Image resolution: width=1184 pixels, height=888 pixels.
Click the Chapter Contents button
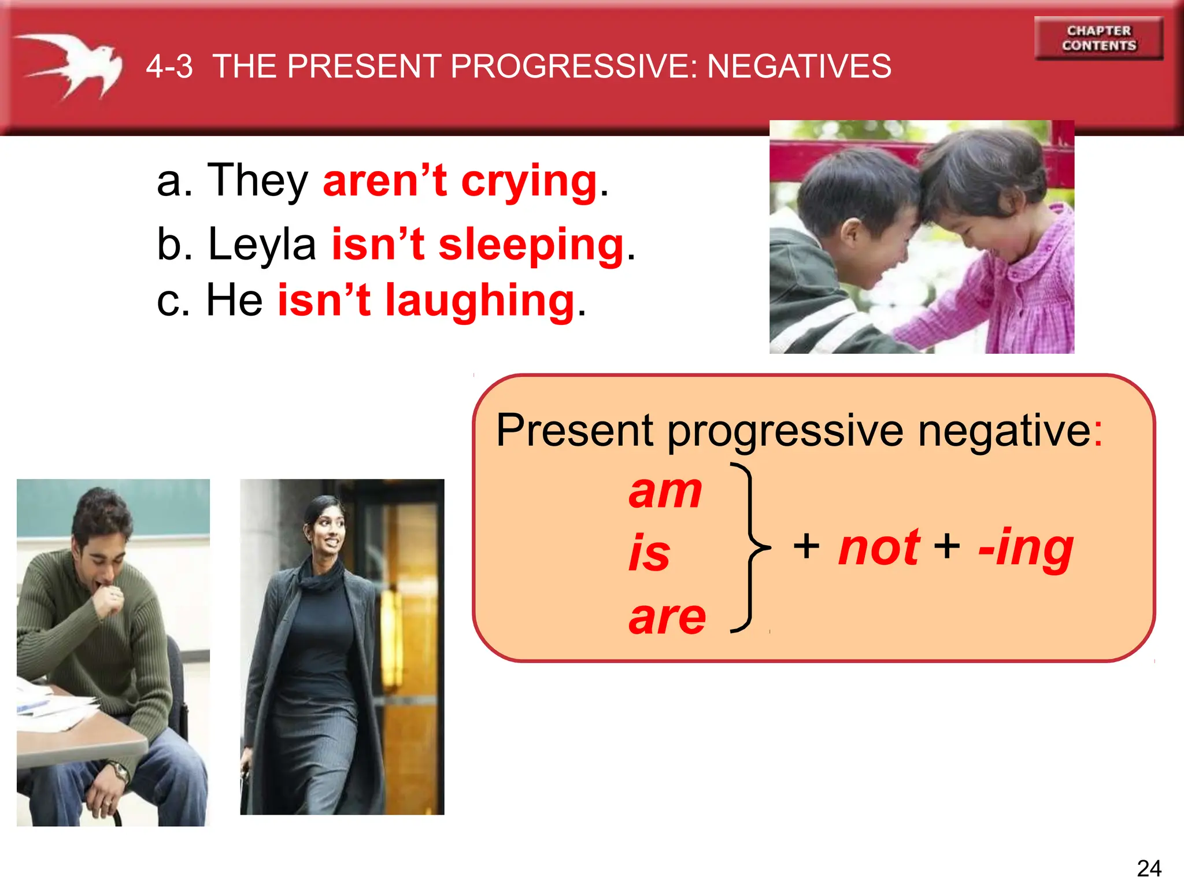(x=1098, y=38)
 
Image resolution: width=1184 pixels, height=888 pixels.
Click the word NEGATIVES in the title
(x=799, y=66)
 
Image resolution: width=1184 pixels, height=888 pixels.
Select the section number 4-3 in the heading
(x=169, y=66)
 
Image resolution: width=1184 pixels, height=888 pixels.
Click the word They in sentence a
(x=258, y=180)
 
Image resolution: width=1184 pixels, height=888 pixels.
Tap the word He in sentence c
(x=234, y=301)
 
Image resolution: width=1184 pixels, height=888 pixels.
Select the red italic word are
(x=667, y=617)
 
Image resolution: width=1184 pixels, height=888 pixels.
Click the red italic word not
(x=879, y=547)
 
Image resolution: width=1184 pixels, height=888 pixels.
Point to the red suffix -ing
(x=1026, y=549)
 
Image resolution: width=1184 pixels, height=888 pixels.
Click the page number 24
(x=1149, y=868)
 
